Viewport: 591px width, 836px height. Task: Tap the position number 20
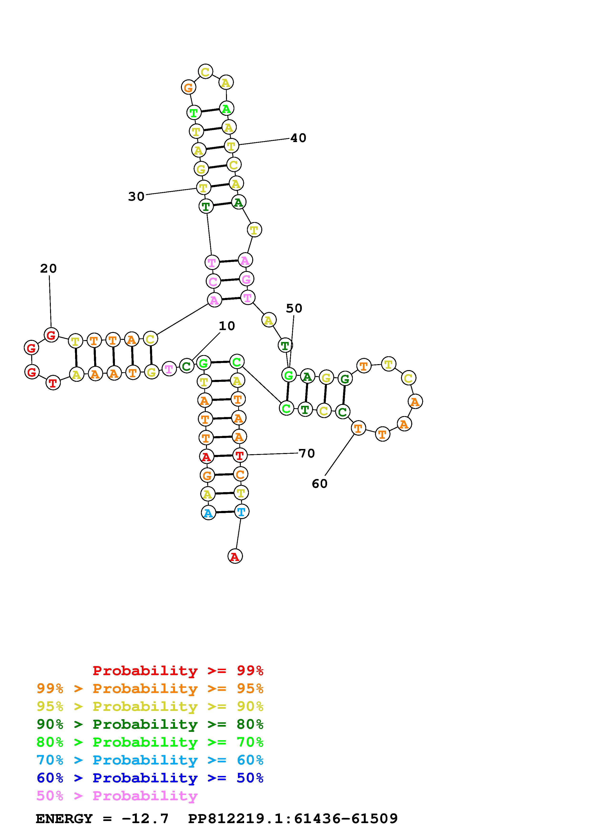point(48,269)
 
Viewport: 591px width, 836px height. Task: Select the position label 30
point(136,197)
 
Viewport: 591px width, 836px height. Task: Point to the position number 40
point(298,138)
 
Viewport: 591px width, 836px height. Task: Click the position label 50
point(294,308)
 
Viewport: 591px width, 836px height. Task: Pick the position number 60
point(319,484)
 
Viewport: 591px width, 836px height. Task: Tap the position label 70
point(307,453)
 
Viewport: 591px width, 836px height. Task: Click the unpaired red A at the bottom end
point(235,556)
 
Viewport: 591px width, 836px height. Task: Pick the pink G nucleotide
point(247,279)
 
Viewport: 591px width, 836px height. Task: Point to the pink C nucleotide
point(213,281)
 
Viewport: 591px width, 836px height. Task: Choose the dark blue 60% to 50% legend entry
point(150,778)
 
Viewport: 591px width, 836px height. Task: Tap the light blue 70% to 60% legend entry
point(150,760)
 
